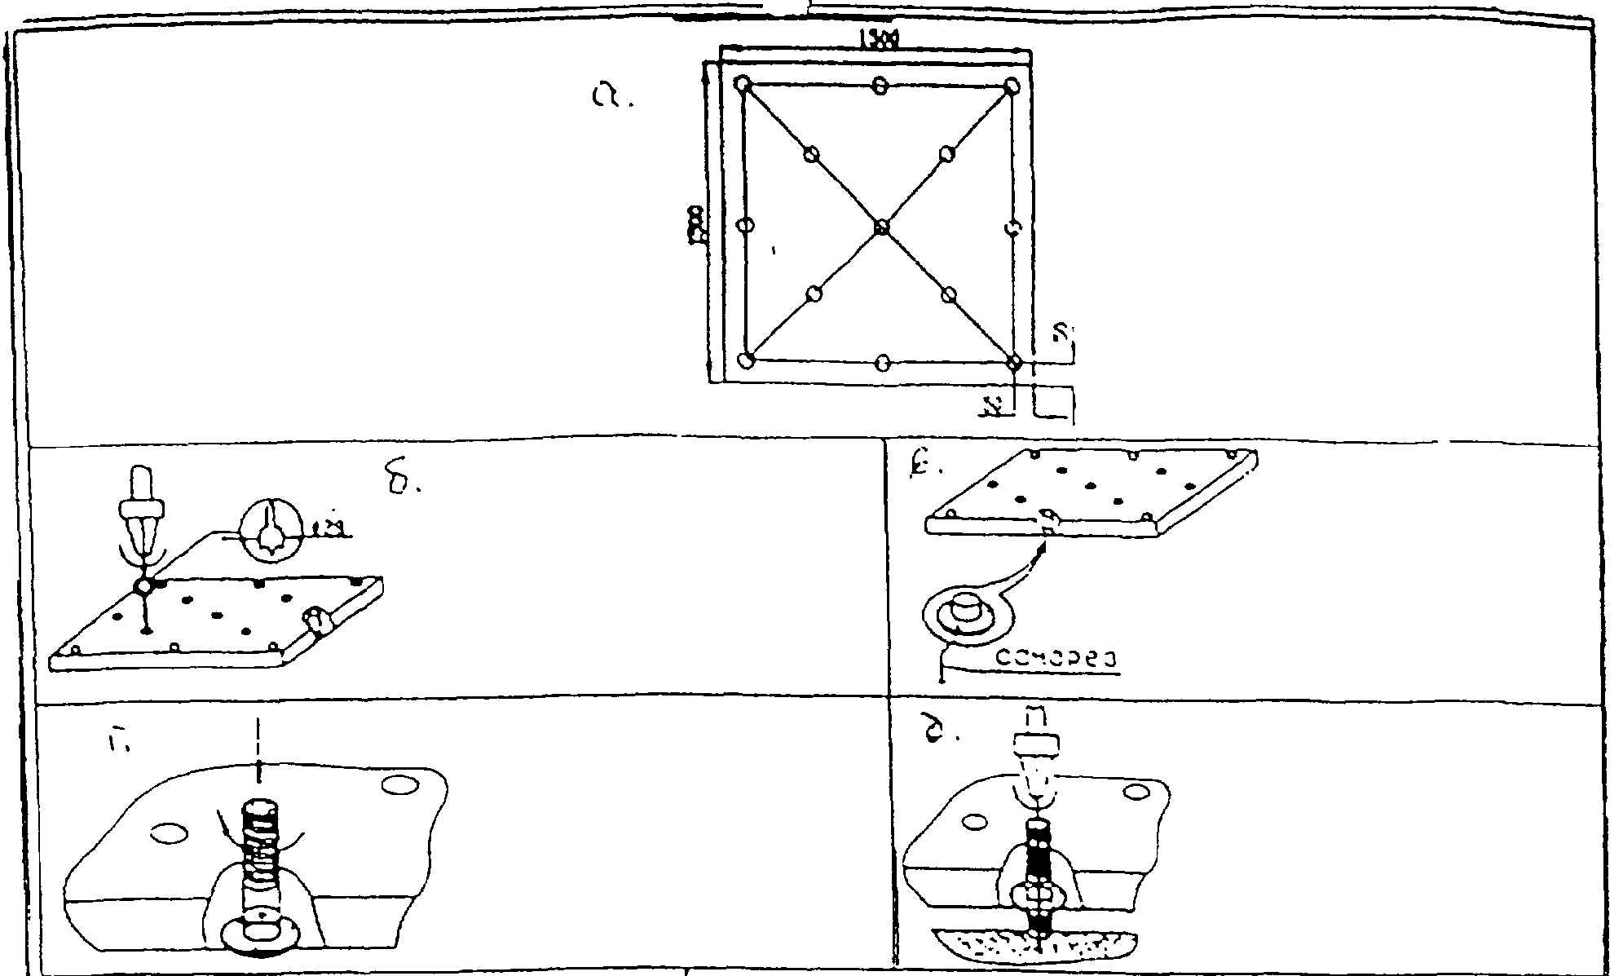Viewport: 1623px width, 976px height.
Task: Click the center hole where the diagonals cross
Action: [x=880, y=227]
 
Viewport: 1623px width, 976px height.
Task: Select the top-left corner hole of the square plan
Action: [x=743, y=84]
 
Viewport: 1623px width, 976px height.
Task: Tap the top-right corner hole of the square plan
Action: [x=1012, y=86]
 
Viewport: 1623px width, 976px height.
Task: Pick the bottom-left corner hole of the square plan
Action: [x=745, y=360]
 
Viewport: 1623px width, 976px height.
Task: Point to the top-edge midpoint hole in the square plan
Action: [x=880, y=85]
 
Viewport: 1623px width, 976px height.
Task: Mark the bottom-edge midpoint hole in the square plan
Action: [x=881, y=362]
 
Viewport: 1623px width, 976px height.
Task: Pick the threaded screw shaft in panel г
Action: [x=260, y=856]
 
